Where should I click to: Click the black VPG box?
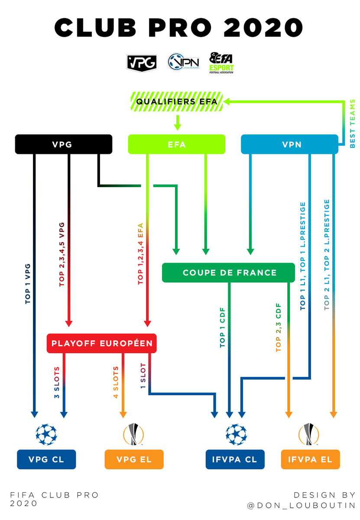[64, 144]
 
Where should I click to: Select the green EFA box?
[176, 144]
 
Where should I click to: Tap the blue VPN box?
[289, 144]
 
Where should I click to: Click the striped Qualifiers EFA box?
[176, 101]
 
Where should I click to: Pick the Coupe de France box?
[230, 273]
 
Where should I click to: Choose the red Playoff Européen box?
[102, 343]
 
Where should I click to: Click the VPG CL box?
[46, 459]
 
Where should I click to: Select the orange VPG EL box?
[134, 459]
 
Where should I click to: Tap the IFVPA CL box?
[235, 459]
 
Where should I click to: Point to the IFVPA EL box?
[310, 459]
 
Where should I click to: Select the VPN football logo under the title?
[181, 62]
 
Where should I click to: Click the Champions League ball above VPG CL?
[46, 434]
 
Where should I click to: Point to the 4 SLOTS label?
[116, 384]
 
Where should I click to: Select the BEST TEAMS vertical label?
[352, 124]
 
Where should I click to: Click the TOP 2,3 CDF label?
[279, 327]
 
